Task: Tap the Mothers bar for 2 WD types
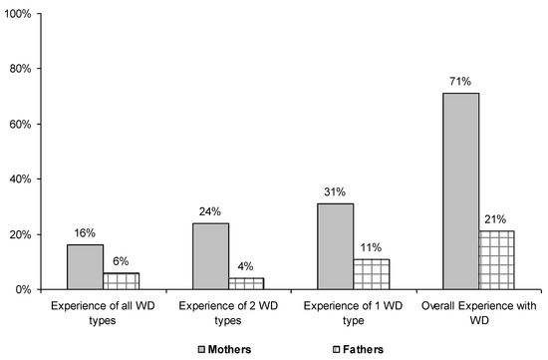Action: (211, 256)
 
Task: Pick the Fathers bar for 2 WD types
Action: (246, 284)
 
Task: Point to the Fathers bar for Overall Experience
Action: (496, 260)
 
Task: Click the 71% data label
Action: (461, 83)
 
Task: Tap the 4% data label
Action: (246, 267)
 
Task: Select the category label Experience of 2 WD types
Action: (228, 309)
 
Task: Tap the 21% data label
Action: (496, 219)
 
